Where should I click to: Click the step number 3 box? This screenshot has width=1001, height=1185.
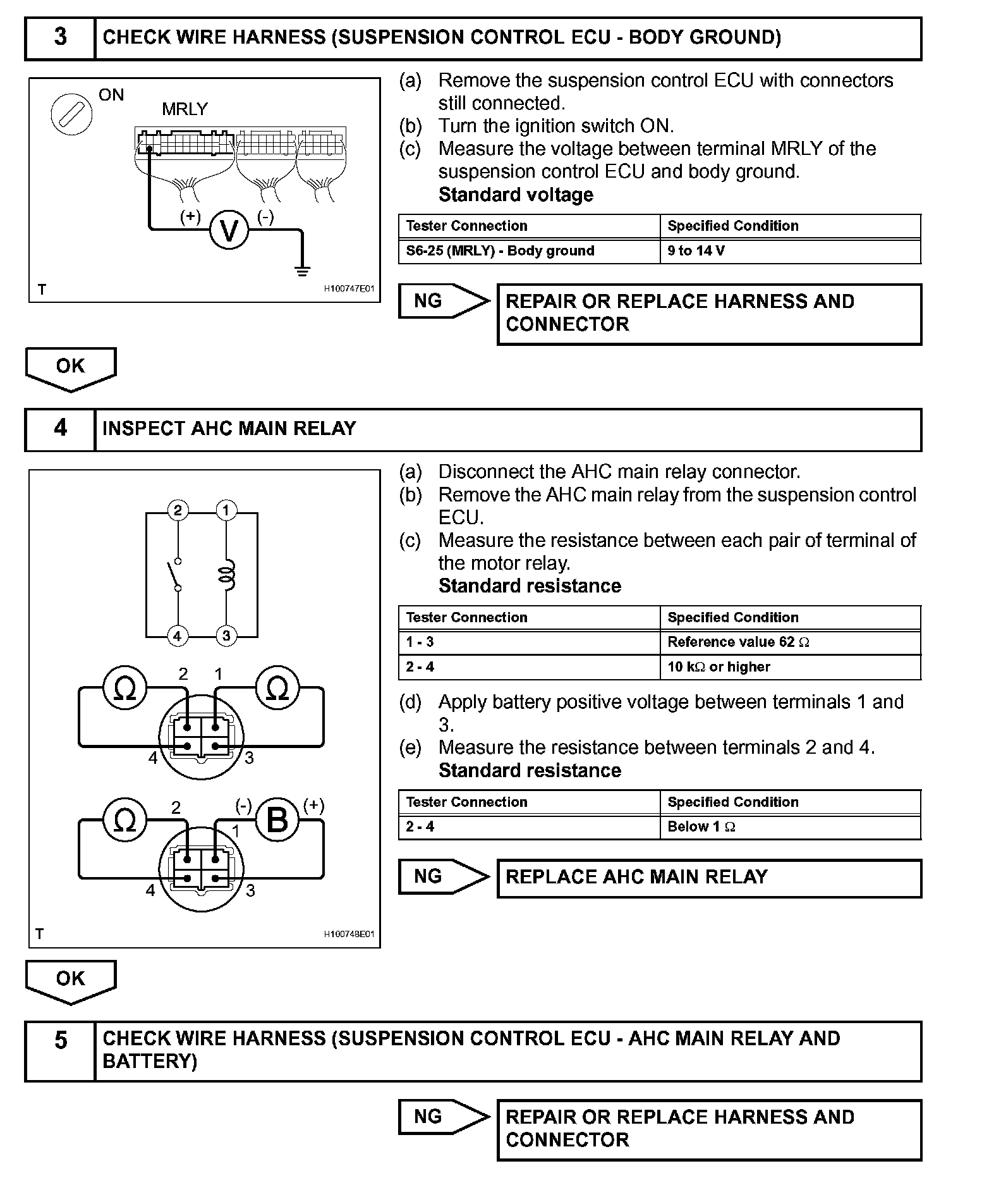click(60, 37)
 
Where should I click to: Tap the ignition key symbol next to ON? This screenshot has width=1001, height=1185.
click(71, 114)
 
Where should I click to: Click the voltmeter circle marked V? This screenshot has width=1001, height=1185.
click(228, 230)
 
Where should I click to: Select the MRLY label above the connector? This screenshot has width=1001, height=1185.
click(185, 109)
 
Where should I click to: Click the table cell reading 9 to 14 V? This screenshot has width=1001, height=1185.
click(790, 251)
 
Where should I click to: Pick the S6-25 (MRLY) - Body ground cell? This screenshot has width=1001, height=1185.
click(529, 251)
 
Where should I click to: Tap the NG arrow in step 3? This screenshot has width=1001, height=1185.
click(443, 301)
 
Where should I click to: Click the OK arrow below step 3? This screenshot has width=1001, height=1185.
click(70, 368)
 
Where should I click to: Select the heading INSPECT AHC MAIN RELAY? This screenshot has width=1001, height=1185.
click(229, 429)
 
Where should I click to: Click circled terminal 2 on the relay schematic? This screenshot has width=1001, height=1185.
click(178, 510)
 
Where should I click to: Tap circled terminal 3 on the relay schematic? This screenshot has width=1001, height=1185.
click(227, 635)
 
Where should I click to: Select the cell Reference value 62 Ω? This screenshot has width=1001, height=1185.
click(790, 642)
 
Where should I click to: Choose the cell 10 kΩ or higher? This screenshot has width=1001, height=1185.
click(790, 667)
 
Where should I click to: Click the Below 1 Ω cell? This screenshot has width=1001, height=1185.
click(790, 827)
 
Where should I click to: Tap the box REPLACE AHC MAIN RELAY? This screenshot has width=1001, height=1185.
click(708, 878)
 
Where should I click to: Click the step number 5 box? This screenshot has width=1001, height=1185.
click(60, 1050)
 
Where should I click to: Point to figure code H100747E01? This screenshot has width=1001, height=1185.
click(349, 289)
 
